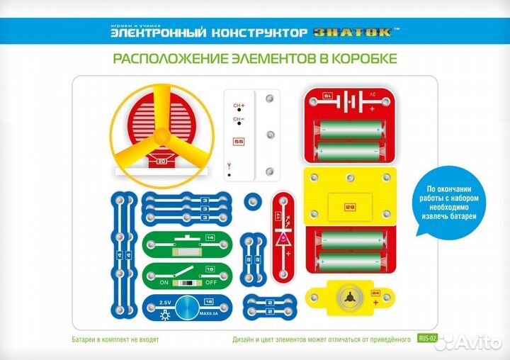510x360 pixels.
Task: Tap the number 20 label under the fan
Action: click(162, 162)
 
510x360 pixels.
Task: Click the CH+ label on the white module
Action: click(239, 106)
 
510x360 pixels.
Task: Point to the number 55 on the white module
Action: click(239, 142)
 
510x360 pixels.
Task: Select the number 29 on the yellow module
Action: click(349, 207)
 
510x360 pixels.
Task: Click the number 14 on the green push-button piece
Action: click(210, 237)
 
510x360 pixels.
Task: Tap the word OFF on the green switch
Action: click(210, 282)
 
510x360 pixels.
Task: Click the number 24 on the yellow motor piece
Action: click(375, 293)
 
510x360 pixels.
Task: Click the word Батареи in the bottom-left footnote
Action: click(86, 339)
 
